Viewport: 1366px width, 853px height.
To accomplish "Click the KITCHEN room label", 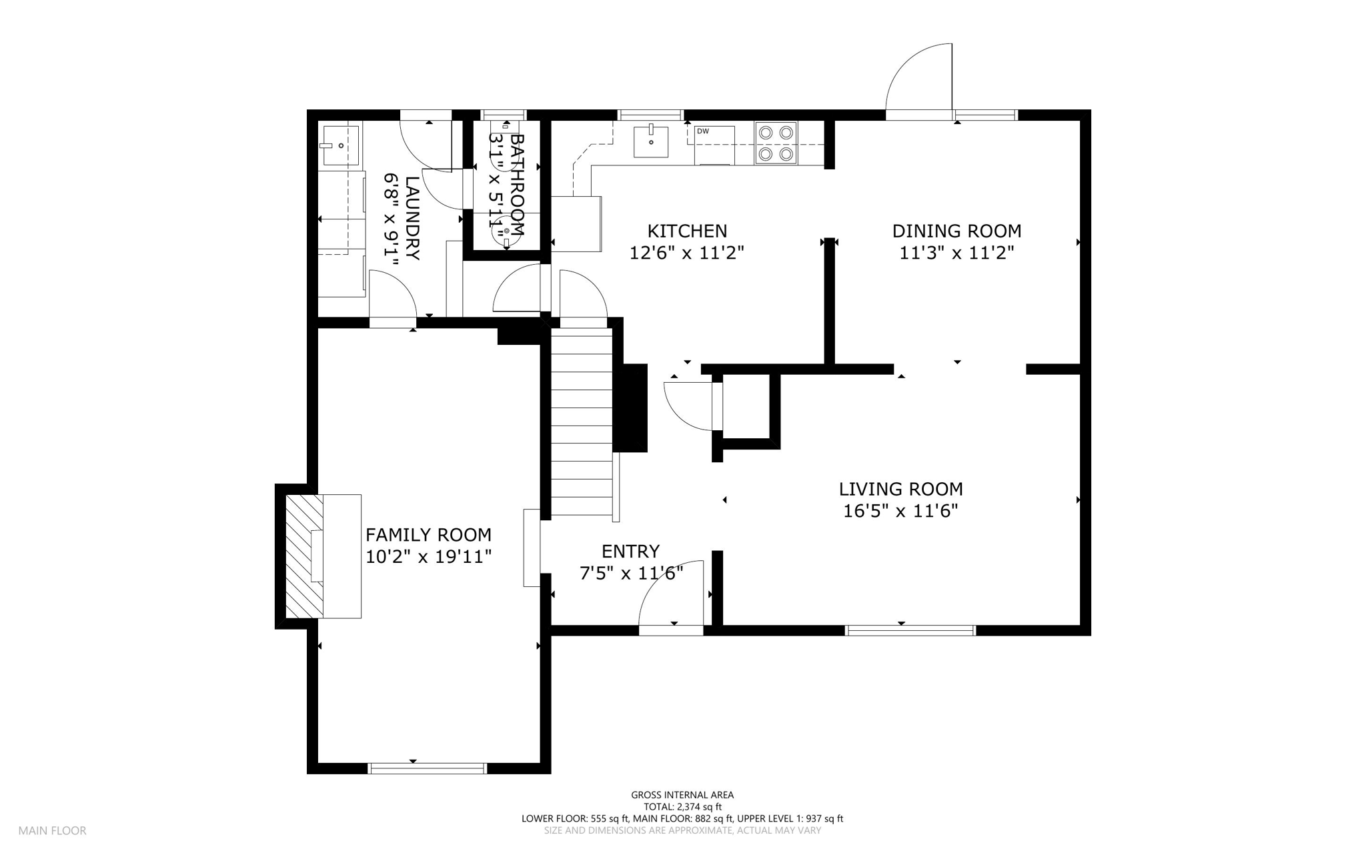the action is [687, 231].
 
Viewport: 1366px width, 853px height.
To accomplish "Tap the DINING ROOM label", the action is [956, 231].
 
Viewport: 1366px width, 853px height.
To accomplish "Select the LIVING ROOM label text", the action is [900, 490].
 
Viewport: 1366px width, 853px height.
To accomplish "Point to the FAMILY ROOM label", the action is [428, 535].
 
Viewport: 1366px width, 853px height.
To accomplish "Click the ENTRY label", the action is [630, 552].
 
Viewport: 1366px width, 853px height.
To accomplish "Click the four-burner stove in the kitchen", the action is [776, 143].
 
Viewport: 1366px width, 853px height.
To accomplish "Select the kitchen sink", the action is [650, 141].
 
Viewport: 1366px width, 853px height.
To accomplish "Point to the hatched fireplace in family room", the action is [305, 556].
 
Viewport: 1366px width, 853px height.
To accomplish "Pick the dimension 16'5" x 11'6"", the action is [900, 512].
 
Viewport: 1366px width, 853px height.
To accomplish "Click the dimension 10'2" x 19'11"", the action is [429, 557].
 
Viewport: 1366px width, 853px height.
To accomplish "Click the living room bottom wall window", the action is [910, 630].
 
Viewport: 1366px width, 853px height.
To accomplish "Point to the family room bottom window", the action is [428, 768].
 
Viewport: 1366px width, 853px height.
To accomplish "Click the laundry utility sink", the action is [340, 143].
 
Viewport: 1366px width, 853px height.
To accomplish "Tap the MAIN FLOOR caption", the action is [53, 831].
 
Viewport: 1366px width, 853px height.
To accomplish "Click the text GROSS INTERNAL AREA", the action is [682, 795].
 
